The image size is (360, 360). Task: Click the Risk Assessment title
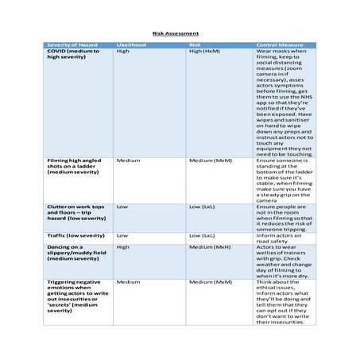pos(176,33)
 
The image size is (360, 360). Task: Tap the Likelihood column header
pos(131,45)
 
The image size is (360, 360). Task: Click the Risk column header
pos(195,45)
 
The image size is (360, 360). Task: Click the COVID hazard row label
pos(73,54)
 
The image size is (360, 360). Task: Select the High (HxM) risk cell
pos(204,51)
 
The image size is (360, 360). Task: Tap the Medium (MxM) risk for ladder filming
pos(210,160)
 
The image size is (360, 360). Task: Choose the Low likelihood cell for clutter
pos(122,207)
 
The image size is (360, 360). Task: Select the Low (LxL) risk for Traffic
pos(202,236)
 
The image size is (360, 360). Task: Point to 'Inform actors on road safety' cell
pos(277,238)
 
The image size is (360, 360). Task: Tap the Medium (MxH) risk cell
pos(210,247)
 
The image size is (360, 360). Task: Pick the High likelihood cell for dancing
pos(123,247)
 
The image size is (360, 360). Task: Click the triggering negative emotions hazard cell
pos(74,296)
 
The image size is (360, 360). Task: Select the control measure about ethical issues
pos(285,302)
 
